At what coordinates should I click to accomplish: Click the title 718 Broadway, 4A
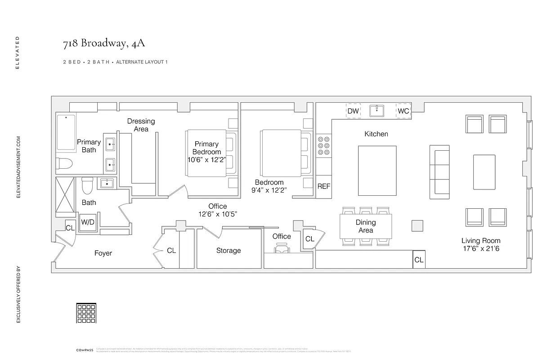coord(104,44)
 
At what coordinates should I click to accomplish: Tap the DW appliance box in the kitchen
coord(353,111)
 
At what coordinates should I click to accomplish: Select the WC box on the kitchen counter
coord(404,111)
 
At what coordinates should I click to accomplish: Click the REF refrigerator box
coord(324,186)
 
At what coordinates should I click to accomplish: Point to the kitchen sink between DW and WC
coord(377,111)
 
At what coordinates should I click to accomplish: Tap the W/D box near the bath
coord(88,222)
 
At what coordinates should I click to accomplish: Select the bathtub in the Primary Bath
coord(67,133)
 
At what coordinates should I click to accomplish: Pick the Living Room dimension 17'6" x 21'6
coord(480,248)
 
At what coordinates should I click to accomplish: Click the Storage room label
coord(229,251)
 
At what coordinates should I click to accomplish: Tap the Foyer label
coord(103,253)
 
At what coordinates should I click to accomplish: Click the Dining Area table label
coord(366,226)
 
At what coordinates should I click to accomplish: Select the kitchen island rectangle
coord(377,171)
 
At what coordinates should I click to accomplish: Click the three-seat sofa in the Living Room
coord(439,171)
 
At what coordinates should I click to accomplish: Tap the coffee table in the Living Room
coord(484,172)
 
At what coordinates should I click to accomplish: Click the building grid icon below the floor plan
coord(85,313)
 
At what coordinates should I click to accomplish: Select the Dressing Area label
coord(141,125)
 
